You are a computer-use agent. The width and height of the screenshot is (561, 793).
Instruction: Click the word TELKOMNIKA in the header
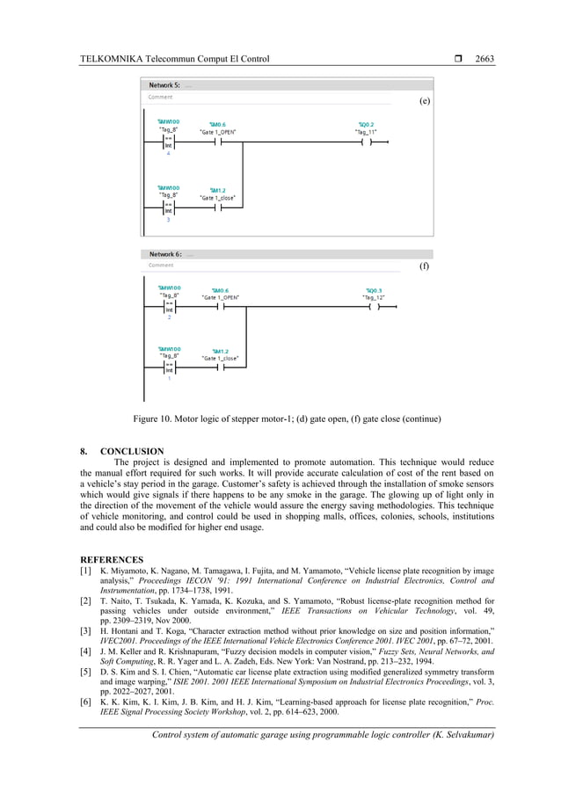110,59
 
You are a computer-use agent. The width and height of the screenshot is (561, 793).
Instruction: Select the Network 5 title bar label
164,85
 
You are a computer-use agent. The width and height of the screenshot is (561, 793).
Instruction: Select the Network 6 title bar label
164,254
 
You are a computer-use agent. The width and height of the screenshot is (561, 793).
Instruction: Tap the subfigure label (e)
425,101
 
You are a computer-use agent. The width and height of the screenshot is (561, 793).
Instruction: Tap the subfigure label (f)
425,266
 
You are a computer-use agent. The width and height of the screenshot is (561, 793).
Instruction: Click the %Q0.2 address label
366,124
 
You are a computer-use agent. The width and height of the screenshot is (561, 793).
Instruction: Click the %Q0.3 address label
373,290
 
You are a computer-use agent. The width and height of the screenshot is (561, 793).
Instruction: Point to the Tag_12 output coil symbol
374,308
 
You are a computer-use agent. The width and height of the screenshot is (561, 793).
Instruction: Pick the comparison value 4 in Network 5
168,153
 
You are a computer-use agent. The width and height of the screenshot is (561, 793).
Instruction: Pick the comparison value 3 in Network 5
168,219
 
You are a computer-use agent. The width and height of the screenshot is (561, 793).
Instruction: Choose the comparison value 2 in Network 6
169,317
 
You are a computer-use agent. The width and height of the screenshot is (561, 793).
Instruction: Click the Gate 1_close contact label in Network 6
220,359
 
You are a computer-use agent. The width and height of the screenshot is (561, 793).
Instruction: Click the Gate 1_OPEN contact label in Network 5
217,132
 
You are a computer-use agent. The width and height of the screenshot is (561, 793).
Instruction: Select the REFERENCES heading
112,558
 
